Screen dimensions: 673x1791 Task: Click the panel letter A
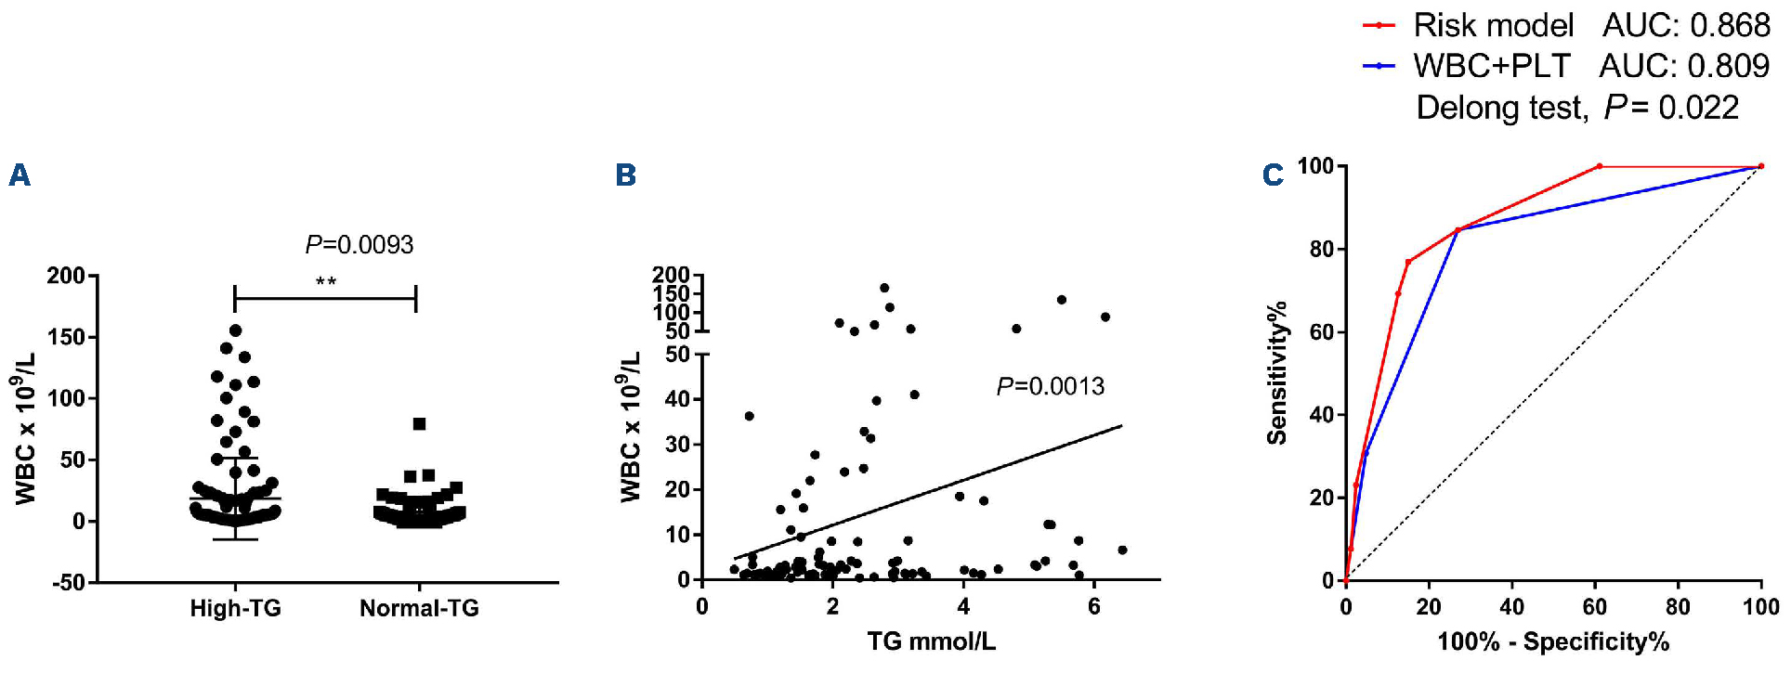pos(20,175)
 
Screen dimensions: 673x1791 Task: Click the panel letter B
pos(626,175)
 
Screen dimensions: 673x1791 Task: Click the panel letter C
pos(1273,175)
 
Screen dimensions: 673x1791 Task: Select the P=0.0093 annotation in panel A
pos(360,245)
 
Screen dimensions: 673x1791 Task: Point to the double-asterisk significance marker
pos(325,281)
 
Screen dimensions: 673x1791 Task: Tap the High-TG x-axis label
pos(235,609)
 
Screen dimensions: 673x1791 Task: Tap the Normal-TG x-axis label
pos(419,609)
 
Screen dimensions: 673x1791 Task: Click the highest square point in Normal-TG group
pos(419,424)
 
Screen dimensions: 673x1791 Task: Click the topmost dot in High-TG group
pos(236,330)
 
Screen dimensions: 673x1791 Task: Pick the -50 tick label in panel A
pos(65,583)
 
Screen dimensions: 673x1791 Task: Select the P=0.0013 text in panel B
pos(1051,386)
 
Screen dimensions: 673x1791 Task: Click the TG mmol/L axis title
pos(931,641)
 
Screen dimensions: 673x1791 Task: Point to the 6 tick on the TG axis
pos(1094,607)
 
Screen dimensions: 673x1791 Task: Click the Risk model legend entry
pos(1492,25)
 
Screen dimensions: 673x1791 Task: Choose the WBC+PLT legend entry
pos(1491,66)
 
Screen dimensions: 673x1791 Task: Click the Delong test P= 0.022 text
pos(1576,108)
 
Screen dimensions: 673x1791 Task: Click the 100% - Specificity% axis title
pos(1553,641)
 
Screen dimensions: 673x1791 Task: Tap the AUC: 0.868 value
pos(1686,25)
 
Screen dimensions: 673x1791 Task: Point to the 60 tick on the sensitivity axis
pos(1322,332)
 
